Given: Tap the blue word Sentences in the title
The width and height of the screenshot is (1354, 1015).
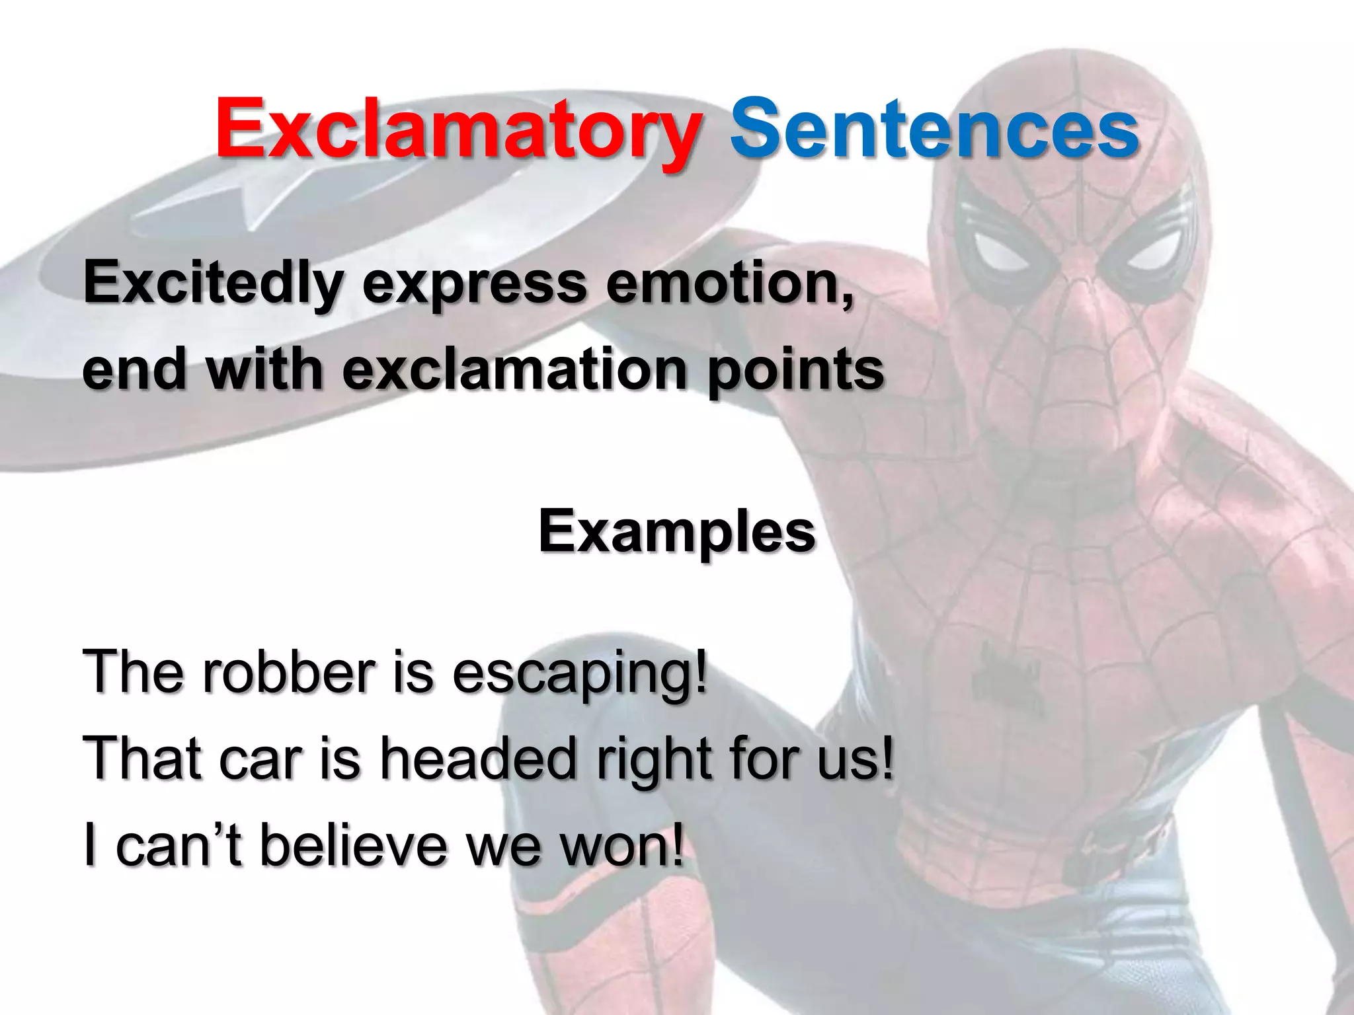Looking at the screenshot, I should tap(934, 129).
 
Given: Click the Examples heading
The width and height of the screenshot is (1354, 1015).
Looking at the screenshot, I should tap(677, 533).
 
